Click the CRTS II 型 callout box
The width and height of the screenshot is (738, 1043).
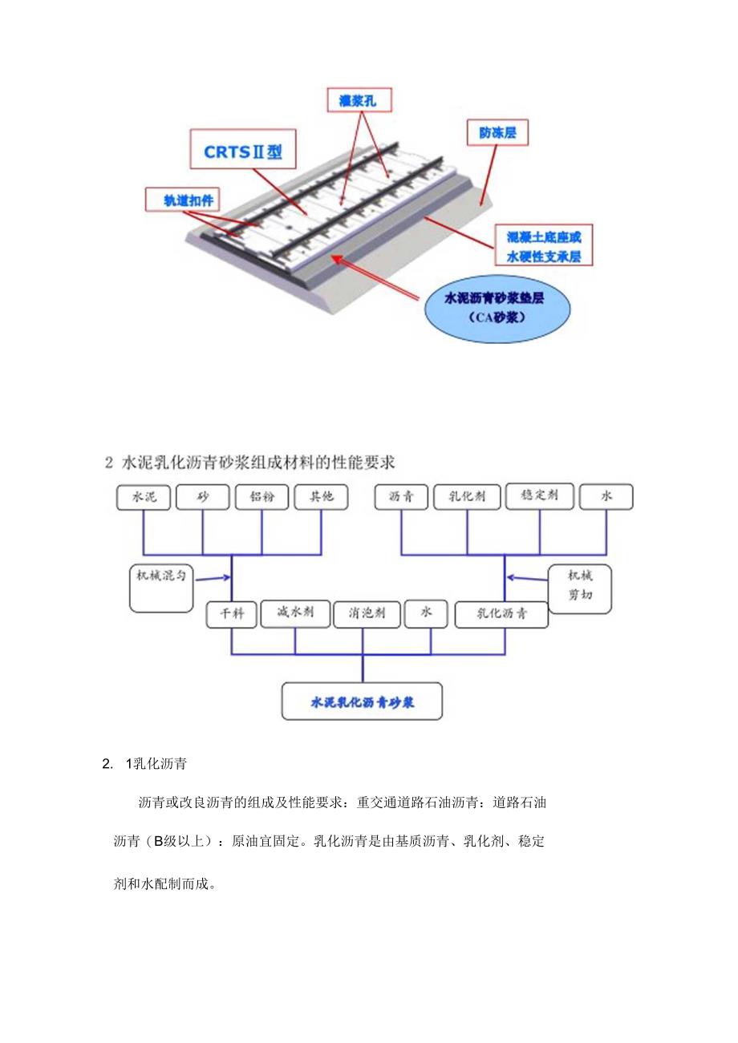click(x=243, y=152)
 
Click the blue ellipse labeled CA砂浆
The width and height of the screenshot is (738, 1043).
click(x=495, y=306)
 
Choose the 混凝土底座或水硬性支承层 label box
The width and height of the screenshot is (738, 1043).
click(x=543, y=247)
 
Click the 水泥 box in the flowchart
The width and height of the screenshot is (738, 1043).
click(x=144, y=497)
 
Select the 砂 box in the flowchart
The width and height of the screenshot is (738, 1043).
click(x=202, y=497)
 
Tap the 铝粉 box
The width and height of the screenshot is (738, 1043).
click(x=262, y=497)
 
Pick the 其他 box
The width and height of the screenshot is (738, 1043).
click(x=321, y=497)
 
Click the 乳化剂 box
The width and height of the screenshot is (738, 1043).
click(x=466, y=497)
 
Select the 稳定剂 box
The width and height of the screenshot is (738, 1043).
click(x=539, y=496)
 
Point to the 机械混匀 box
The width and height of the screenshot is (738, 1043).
click(x=161, y=588)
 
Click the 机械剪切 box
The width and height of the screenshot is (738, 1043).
click(x=580, y=588)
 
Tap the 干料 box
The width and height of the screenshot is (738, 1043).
click(x=231, y=614)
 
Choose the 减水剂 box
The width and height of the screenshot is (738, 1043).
click(x=294, y=613)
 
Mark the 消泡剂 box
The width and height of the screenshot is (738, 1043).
click(x=367, y=614)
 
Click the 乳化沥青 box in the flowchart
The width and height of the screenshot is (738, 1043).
click(x=501, y=615)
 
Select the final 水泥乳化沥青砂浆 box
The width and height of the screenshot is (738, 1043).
click(x=363, y=701)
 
